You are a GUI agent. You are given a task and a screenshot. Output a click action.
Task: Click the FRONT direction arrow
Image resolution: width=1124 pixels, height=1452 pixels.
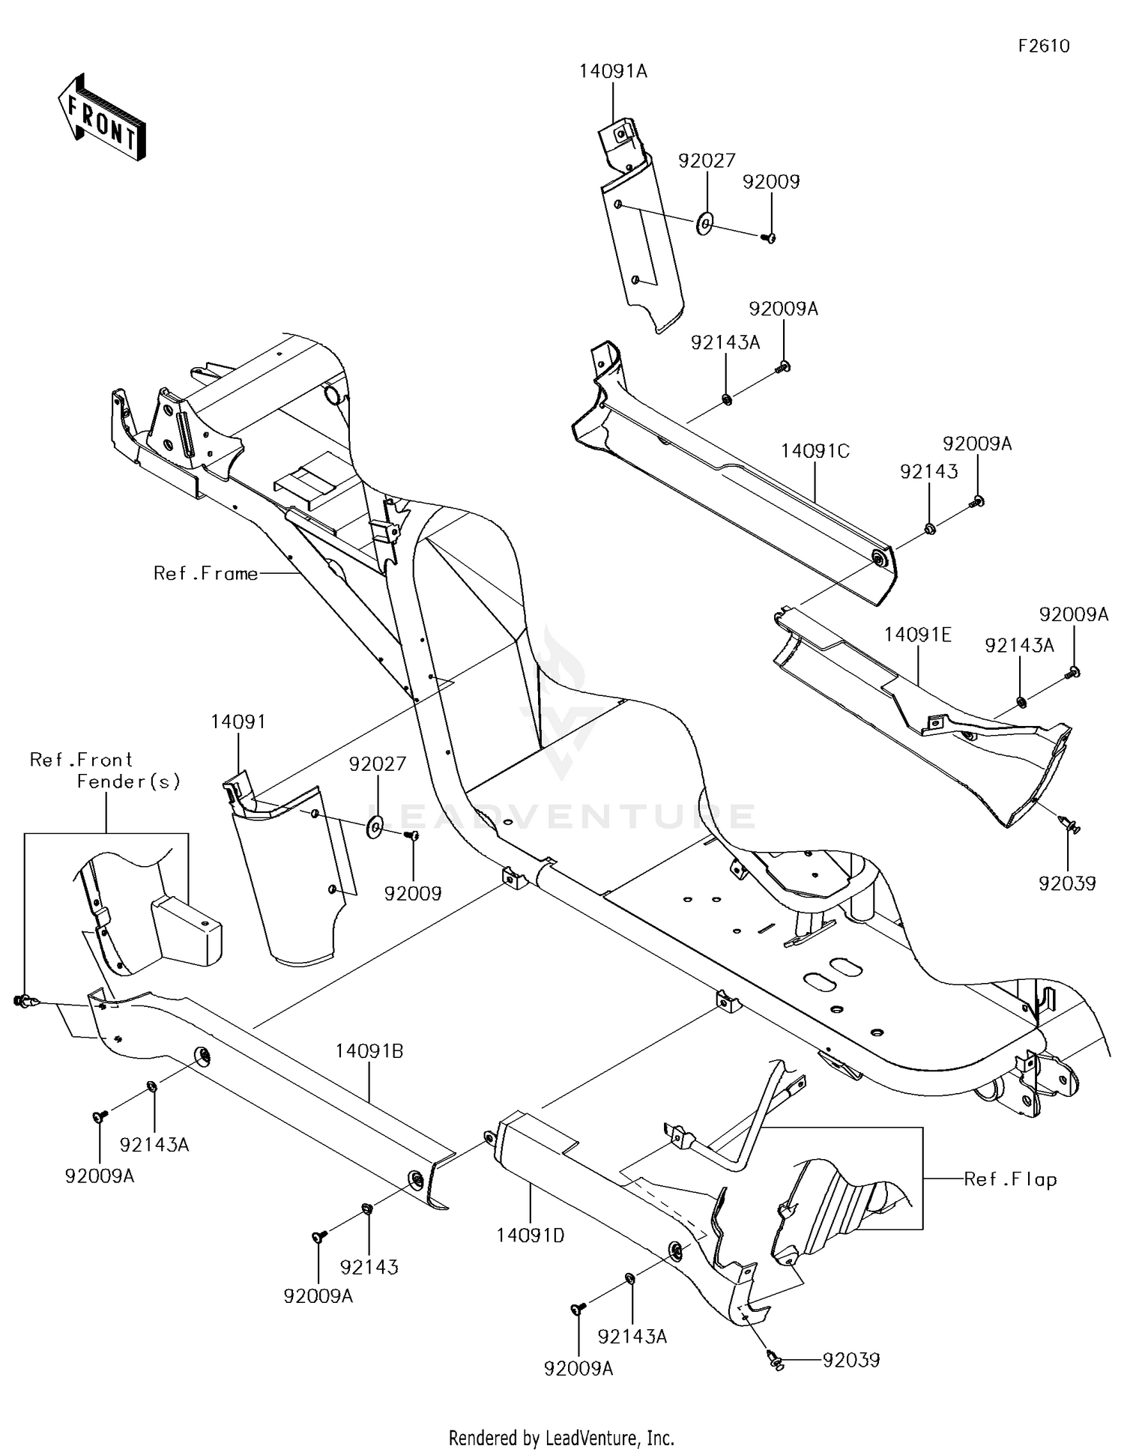point(101,117)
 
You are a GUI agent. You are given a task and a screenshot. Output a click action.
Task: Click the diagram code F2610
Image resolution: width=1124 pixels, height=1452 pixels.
point(1043,46)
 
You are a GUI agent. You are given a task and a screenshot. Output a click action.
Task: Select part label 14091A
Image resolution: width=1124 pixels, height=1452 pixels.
point(613,72)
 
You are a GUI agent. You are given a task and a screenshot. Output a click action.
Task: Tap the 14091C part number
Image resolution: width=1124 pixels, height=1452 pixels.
point(815,451)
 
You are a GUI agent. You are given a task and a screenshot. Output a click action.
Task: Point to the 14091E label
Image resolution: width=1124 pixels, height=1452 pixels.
point(917,635)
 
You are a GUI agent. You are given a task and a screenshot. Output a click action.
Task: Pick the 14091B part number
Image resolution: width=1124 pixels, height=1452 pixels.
point(369,1051)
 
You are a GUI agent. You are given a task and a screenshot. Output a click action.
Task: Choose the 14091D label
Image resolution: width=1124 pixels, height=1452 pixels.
point(530,1235)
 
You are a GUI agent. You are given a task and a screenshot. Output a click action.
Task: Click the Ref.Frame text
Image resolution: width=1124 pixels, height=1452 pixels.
point(205,573)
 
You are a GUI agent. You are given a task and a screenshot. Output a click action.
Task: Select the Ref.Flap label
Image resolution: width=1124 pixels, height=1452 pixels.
point(1010,1179)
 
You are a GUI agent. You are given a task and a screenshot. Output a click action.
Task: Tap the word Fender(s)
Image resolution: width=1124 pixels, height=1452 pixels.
point(129,781)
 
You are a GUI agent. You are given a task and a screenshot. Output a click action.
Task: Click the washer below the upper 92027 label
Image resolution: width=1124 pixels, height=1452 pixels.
point(705,223)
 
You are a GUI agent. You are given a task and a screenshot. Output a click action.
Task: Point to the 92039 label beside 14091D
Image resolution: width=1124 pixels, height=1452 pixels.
point(850,1360)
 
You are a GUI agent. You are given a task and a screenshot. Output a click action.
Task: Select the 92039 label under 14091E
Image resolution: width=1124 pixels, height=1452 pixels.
point(1067,883)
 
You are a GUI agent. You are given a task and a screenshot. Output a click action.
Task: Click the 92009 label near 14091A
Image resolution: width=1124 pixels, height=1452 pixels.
point(771,182)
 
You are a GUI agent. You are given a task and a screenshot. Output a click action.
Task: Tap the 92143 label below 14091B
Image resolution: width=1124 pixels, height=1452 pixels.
point(369,1267)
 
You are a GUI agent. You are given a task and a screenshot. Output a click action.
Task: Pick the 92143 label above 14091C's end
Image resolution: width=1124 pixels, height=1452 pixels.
point(928,472)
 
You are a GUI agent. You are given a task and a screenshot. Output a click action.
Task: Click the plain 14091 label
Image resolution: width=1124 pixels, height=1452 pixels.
point(238,722)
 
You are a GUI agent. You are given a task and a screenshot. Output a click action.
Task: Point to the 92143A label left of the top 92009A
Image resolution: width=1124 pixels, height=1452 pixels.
point(725,343)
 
